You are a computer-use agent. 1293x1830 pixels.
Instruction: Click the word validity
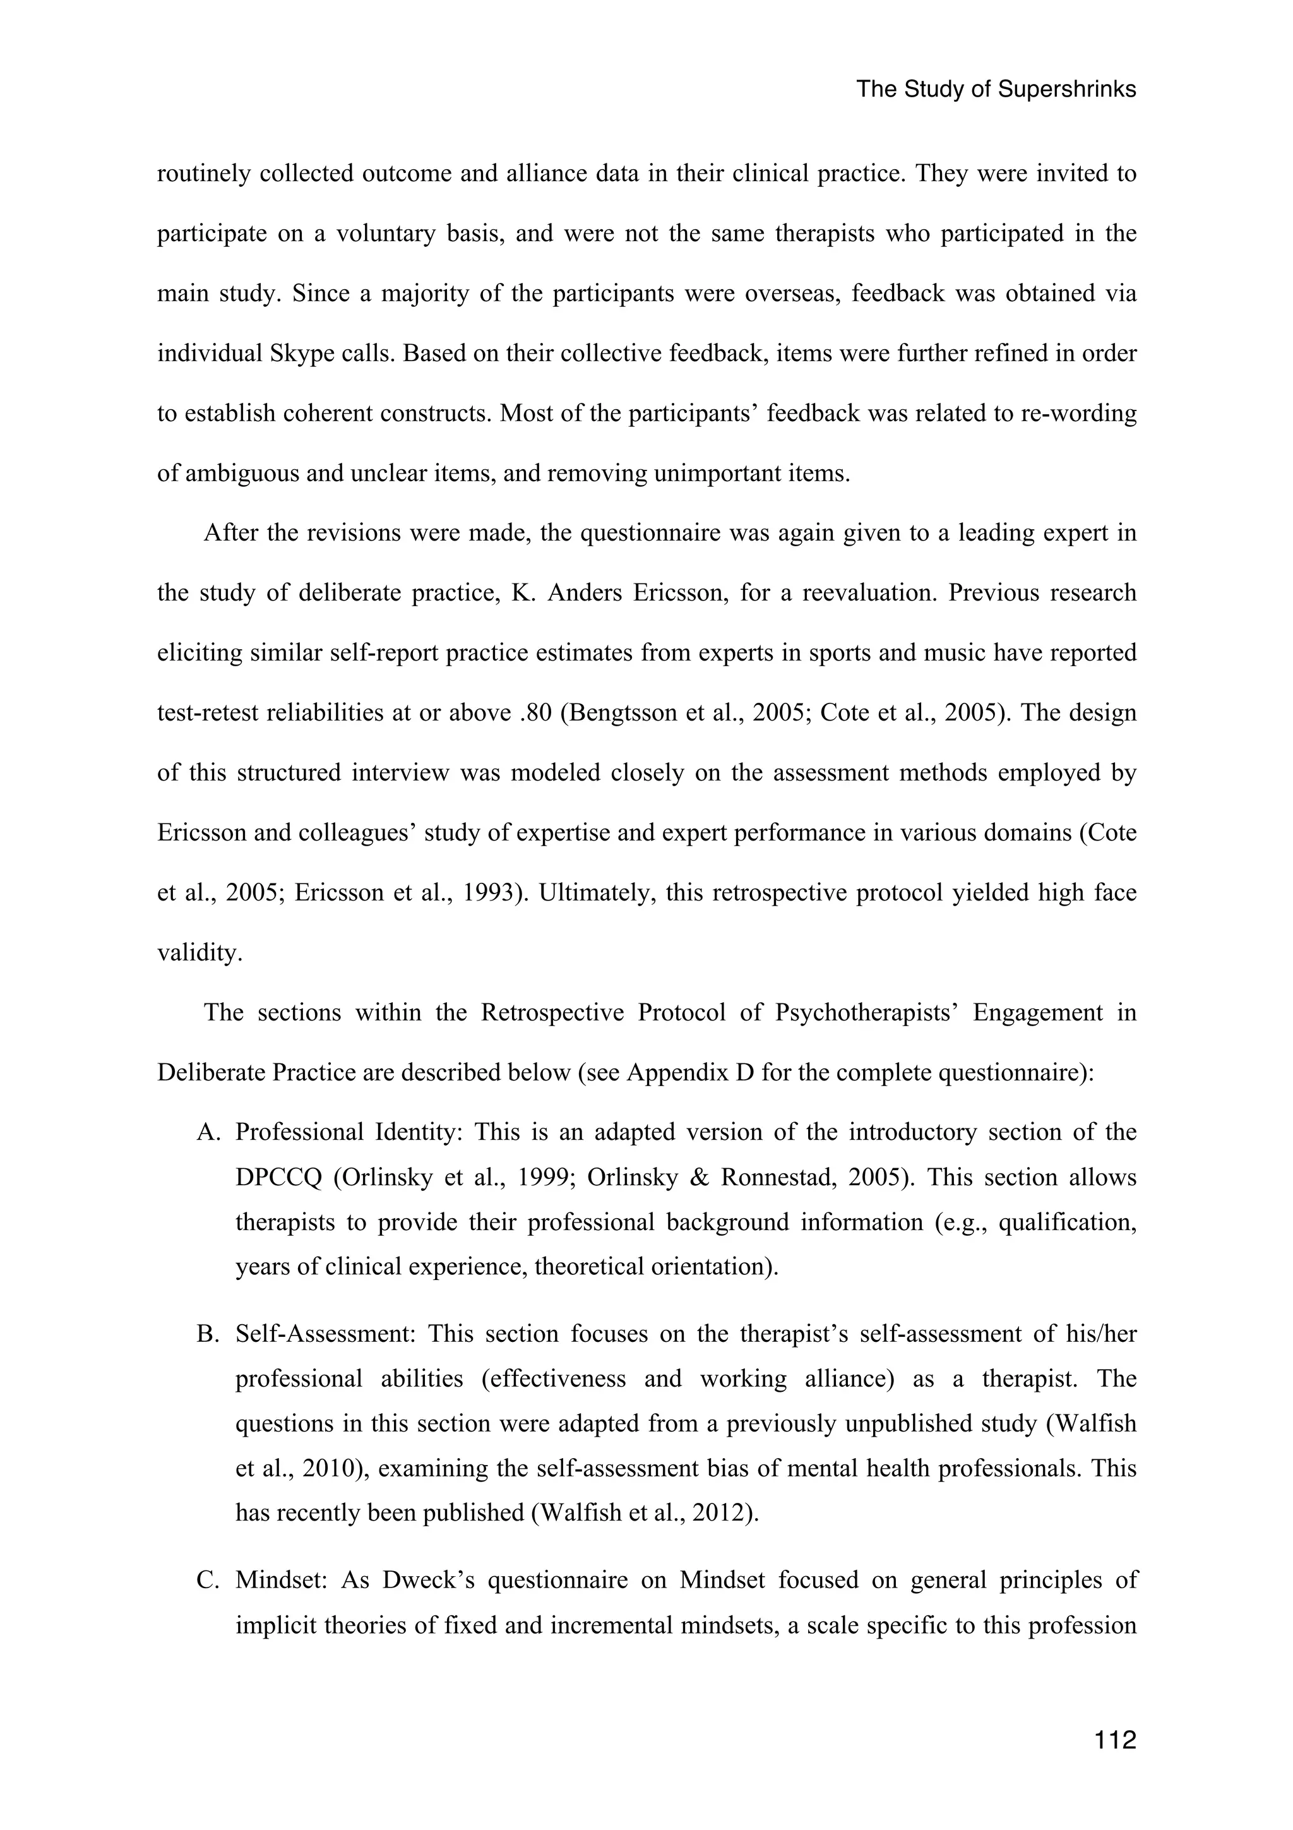tap(198, 952)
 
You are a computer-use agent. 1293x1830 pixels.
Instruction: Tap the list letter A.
tap(206, 1133)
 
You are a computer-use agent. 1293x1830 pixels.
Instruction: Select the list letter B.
tap(206, 1334)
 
